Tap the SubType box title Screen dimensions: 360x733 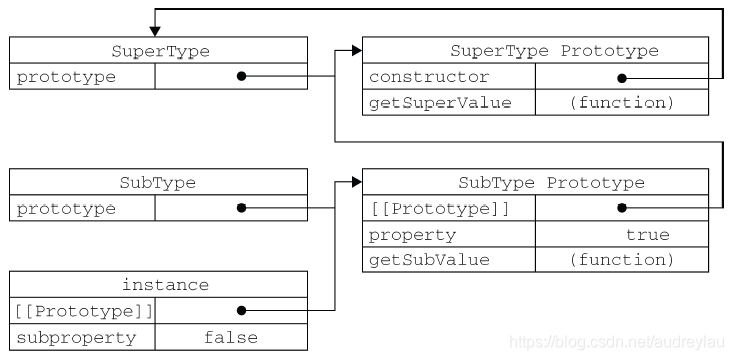(x=157, y=183)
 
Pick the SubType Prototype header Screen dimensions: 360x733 (x=552, y=183)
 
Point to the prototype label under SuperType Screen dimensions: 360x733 (x=66, y=77)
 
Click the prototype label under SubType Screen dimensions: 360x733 (x=66, y=209)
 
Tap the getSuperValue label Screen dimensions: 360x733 (x=441, y=102)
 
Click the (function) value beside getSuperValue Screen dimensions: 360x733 (x=622, y=102)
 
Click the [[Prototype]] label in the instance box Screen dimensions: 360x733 (x=83, y=311)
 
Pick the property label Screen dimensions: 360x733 (x=412, y=235)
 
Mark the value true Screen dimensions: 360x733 (x=647, y=235)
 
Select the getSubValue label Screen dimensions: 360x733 (x=430, y=260)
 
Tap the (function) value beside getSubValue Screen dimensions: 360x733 (x=622, y=260)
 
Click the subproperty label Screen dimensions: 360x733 (x=76, y=337)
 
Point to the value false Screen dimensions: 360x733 (x=230, y=337)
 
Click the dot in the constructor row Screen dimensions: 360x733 (x=621, y=77)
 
